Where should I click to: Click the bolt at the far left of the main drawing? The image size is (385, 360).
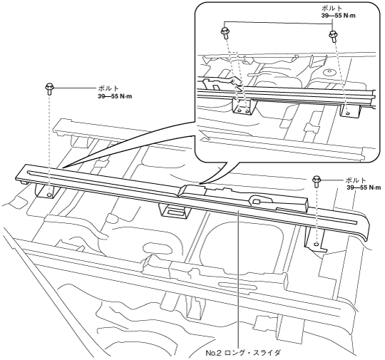[x=49, y=88]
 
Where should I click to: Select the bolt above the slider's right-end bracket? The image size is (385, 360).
[x=317, y=181]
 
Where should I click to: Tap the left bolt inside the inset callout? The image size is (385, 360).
[x=225, y=33]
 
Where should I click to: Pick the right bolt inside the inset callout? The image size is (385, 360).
[x=333, y=36]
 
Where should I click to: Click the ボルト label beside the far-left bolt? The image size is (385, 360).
[x=108, y=88]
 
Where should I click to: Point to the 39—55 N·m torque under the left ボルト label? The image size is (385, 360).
[x=115, y=96]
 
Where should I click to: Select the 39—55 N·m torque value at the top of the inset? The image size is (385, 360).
[x=339, y=16]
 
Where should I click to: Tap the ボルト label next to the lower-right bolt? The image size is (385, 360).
[x=356, y=180]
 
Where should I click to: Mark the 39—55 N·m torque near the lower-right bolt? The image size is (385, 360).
[x=364, y=187]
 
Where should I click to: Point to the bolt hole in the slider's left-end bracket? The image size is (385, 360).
[x=49, y=195]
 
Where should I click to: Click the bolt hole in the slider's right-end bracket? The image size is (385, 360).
[x=317, y=244]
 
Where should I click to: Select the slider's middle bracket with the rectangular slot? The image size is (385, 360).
[x=175, y=210]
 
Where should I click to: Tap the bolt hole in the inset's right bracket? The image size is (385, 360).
[x=347, y=113]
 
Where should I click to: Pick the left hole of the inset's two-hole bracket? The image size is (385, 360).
[x=240, y=110]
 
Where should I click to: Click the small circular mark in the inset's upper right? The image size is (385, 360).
[x=329, y=72]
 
